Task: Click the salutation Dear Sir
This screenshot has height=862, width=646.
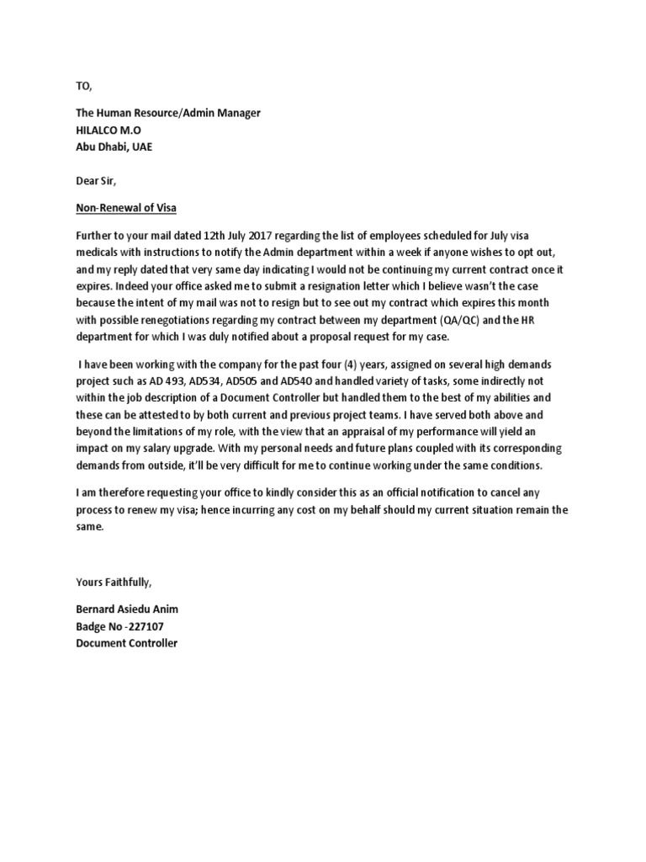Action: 93,178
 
